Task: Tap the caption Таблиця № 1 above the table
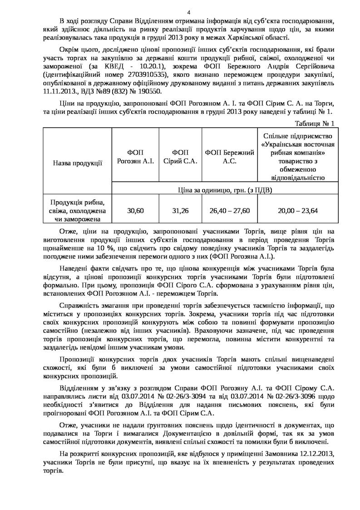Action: [315, 124]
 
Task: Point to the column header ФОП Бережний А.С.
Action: [229, 156]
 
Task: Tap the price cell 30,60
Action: [135, 211]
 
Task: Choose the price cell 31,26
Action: [180, 211]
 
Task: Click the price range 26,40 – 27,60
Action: [229, 211]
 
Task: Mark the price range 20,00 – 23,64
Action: [297, 211]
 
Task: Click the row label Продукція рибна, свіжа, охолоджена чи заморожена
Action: [77, 211]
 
